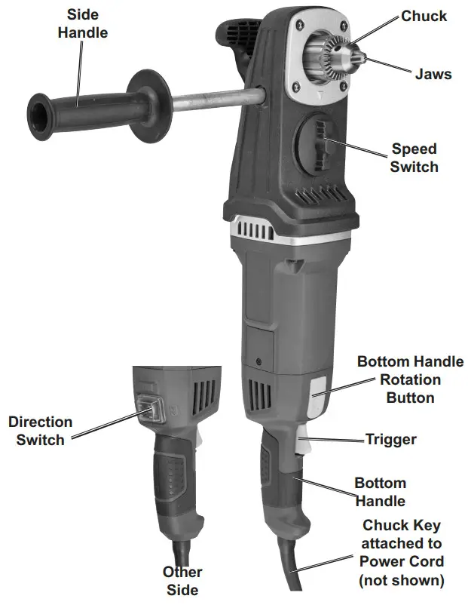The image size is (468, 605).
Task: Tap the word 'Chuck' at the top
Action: click(424, 16)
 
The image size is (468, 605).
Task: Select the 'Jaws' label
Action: click(433, 75)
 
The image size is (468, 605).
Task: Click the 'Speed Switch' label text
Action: click(414, 158)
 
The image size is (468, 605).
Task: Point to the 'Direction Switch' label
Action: click(41, 431)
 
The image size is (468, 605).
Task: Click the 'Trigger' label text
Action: click(390, 438)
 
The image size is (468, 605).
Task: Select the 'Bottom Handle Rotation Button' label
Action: click(410, 379)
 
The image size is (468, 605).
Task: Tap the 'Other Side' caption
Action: click(182, 580)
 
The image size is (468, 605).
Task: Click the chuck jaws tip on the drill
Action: click(360, 57)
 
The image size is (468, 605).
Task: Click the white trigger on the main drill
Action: click(305, 445)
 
